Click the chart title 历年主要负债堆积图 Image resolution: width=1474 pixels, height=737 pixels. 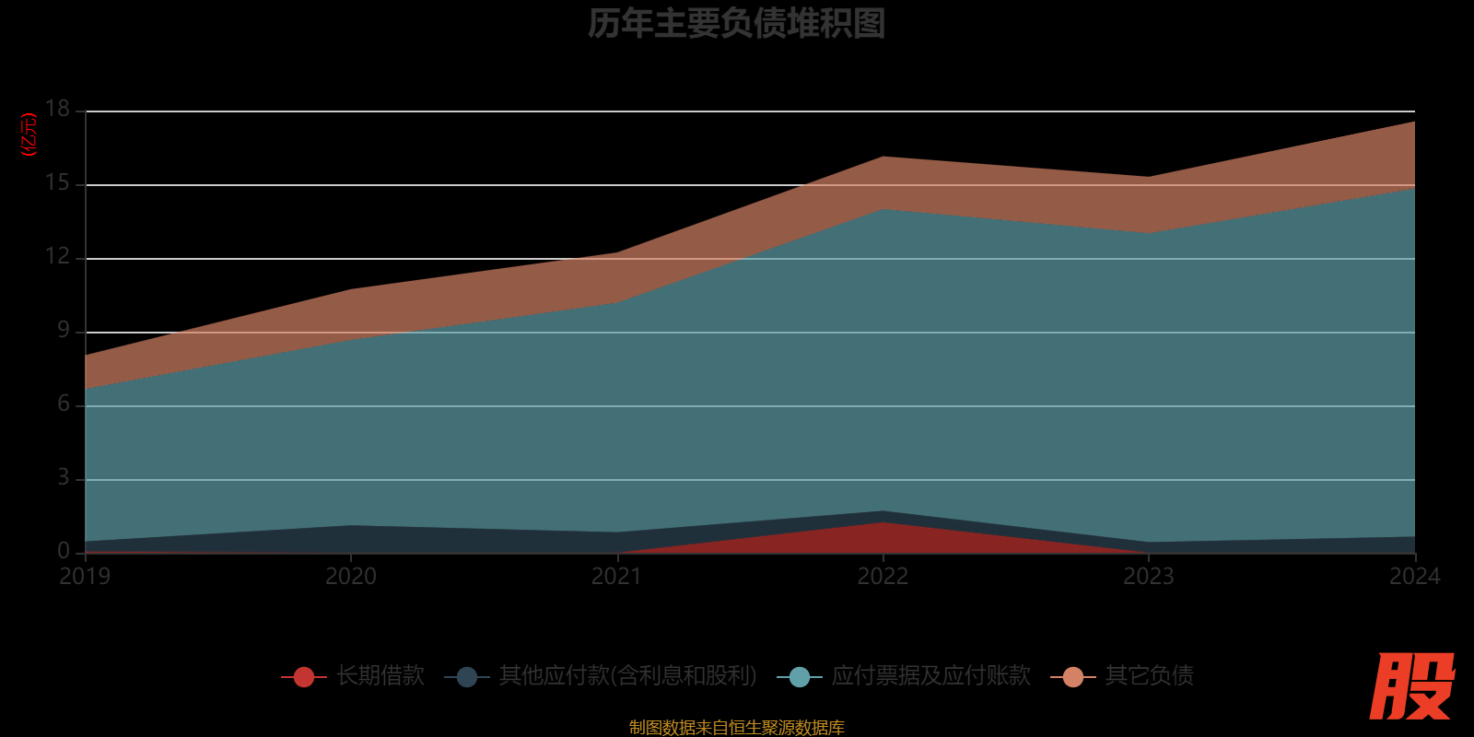[736, 24]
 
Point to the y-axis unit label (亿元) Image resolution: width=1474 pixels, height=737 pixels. [29, 135]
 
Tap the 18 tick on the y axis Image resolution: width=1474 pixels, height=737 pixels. [58, 110]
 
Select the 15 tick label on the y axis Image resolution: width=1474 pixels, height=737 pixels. [58, 183]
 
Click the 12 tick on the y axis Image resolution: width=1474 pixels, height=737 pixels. [58, 257]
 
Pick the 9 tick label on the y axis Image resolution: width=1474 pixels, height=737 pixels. [64, 331]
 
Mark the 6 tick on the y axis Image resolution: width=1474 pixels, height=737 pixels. [64, 404]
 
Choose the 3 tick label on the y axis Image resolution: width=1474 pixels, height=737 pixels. [64, 478]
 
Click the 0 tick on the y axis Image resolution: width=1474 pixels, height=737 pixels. [64, 551]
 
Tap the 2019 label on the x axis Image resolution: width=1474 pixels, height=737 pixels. [85, 577]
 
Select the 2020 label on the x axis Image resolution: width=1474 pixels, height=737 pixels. [351, 577]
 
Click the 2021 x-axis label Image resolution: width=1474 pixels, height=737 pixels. [616, 577]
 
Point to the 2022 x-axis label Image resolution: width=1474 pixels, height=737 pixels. [883, 577]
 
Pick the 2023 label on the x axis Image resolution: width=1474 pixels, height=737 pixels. [1149, 577]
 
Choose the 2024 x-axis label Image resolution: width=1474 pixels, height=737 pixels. [1414, 577]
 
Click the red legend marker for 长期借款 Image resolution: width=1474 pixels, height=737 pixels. [304, 677]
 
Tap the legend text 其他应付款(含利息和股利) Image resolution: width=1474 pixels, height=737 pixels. [627, 676]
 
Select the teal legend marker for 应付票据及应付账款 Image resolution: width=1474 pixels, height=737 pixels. [800, 677]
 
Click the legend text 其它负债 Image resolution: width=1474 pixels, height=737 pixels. [1149, 676]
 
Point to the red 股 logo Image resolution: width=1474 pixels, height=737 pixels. [1411, 687]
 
